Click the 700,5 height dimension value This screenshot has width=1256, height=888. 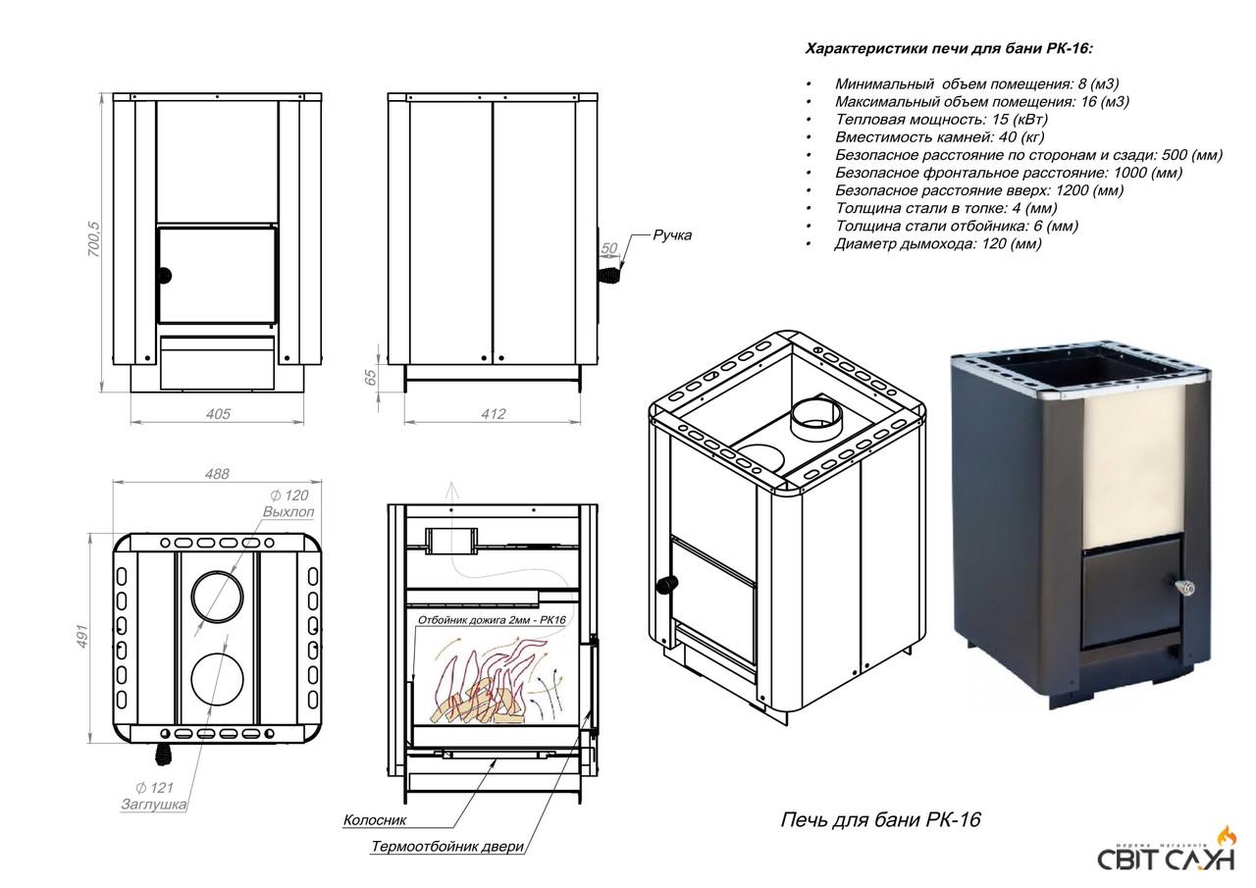[94, 239]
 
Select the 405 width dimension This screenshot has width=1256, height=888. [218, 414]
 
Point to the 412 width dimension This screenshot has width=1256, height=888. [493, 414]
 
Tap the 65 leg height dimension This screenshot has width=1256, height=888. [371, 378]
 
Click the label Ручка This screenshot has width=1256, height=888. [672, 235]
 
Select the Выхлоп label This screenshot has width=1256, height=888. [288, 512]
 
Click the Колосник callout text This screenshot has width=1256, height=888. [375, 819]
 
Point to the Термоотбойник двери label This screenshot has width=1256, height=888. [447, 847]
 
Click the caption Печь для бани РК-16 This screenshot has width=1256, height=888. [879, 819]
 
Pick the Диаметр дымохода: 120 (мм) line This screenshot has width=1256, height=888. [937, 243]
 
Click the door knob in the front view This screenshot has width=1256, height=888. [164, 275]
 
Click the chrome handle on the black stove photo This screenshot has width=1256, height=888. [1185, 589]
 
